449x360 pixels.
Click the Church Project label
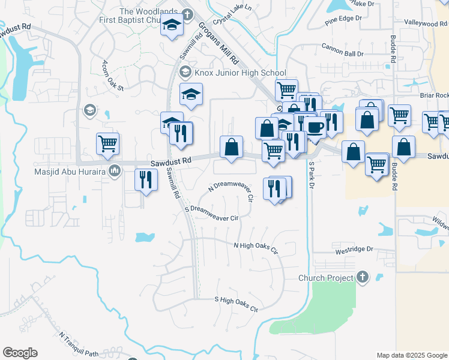[x=325, y=278]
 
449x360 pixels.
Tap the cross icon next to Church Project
[x=361, y=278]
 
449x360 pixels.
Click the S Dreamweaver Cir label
[x=212, y=214]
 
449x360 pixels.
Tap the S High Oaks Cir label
[x=237, y=304]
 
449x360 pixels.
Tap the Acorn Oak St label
[x=112, y=76]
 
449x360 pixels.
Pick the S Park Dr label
[x=312, y=175]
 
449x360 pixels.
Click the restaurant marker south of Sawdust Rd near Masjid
[x=146, y=179]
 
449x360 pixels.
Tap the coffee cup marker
[x=315, y=127]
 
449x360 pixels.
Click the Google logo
[x=20, y=353]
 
